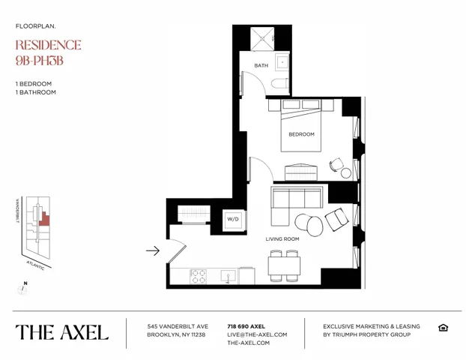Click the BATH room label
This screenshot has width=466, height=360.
click(261, 66)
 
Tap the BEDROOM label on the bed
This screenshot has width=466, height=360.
click(301, 134)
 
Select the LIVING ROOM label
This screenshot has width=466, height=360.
click(282, 239)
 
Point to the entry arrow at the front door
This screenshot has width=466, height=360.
click(152, 250)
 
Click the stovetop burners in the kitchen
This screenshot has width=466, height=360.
click(199, 276)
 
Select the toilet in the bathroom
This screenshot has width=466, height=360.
click(279, 83)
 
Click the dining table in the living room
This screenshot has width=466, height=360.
click(284, 265)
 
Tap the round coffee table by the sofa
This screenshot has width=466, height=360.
click(306, 223)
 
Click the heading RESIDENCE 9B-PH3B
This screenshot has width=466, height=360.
click(48, 52)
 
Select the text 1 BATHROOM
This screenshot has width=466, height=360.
click(35, 92)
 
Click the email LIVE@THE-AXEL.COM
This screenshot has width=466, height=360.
click(257, 334)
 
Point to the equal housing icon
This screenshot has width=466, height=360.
click(443, 328)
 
